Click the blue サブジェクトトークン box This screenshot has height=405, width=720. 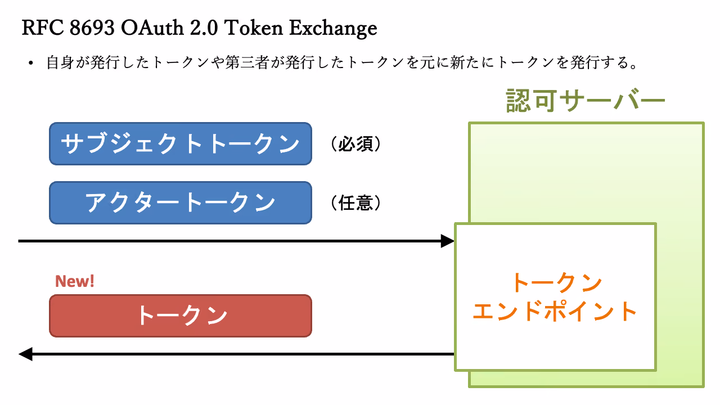click(x=181, y=143)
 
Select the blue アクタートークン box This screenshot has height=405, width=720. click(x=181, y=203)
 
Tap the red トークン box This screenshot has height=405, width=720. click(x=181, y=316)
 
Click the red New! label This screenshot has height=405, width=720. click(x=75, y=281)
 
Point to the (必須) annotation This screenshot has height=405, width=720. click(x=355, y=143)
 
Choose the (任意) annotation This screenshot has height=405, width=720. click(x=355, y=203)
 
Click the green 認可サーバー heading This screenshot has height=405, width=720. click(x=586, y=101)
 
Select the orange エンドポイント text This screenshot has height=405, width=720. click(x=555, y=311)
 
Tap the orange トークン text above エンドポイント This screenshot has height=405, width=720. click(x=557, y=283)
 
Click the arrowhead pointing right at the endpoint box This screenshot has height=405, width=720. click(x=447, y=241)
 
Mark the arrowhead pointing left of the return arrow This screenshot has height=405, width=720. click(x=25, y=354)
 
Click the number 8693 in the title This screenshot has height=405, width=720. click(x=92, y=28)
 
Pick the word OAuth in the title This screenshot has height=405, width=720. click(x=152, y=28)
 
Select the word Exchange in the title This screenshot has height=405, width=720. click(x=333, y=29)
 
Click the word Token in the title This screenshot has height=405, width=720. click(x=254, y=28)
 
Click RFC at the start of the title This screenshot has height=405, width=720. click(x=42, y=28)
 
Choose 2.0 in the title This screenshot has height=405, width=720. click(x=204, y=28)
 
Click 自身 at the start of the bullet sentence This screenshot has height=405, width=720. click(x=61, y=62)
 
